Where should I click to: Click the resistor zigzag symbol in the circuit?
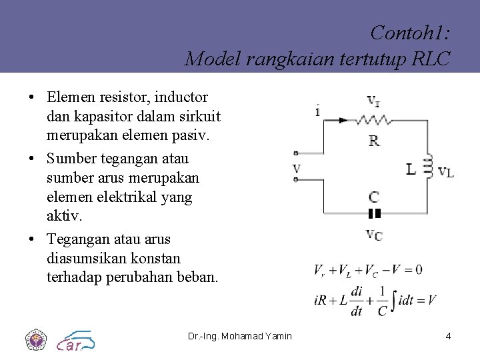373,120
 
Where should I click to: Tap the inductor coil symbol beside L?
429,163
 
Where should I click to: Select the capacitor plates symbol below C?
374,214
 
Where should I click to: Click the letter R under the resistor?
374,141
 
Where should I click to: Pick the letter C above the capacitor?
374,197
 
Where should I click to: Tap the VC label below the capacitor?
374,234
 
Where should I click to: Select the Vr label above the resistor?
374,101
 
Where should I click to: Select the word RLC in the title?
431,59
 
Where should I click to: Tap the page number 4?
448,336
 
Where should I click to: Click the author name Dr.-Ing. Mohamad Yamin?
240,336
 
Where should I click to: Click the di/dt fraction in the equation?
357,301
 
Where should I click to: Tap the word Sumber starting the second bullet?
73,159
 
